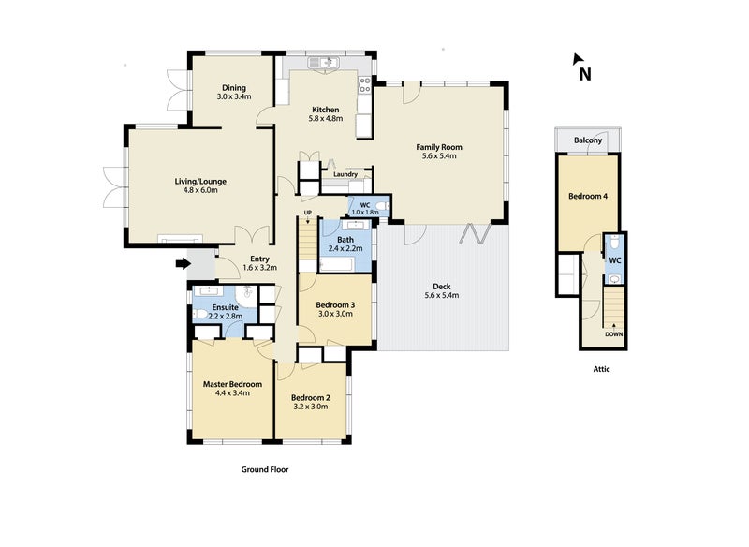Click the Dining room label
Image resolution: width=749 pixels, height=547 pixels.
(234, 88)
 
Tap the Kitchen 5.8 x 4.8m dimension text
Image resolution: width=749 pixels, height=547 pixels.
(325, 119)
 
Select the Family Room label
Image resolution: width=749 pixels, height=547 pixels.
(439, 147)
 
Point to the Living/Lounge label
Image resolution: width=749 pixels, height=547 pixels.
(200, 182)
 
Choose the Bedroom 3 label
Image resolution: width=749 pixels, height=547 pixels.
(334, 305)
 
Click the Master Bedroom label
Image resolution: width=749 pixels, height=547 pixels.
(232, 384)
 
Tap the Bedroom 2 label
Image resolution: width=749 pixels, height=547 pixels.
(310, 397)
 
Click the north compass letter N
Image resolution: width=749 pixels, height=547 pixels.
(584, 75)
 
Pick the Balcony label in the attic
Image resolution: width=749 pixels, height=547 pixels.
(587, 140)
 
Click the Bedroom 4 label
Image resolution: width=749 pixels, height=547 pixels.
(586, 197)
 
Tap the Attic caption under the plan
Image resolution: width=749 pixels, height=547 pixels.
(601, 369)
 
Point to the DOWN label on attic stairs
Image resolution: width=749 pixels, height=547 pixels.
(614, 333)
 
